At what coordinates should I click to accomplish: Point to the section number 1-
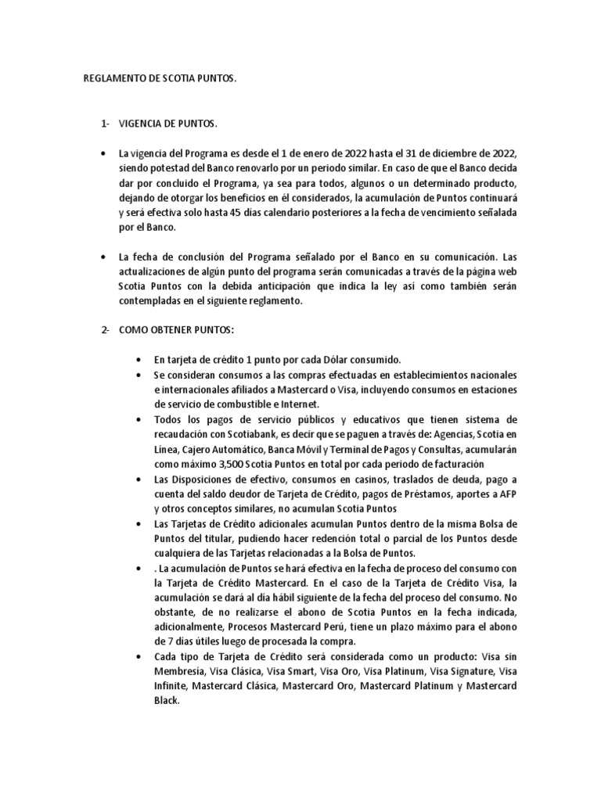pos(106,124)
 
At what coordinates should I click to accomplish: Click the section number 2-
pos(106,329)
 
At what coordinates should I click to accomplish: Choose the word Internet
pos(304,404)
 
